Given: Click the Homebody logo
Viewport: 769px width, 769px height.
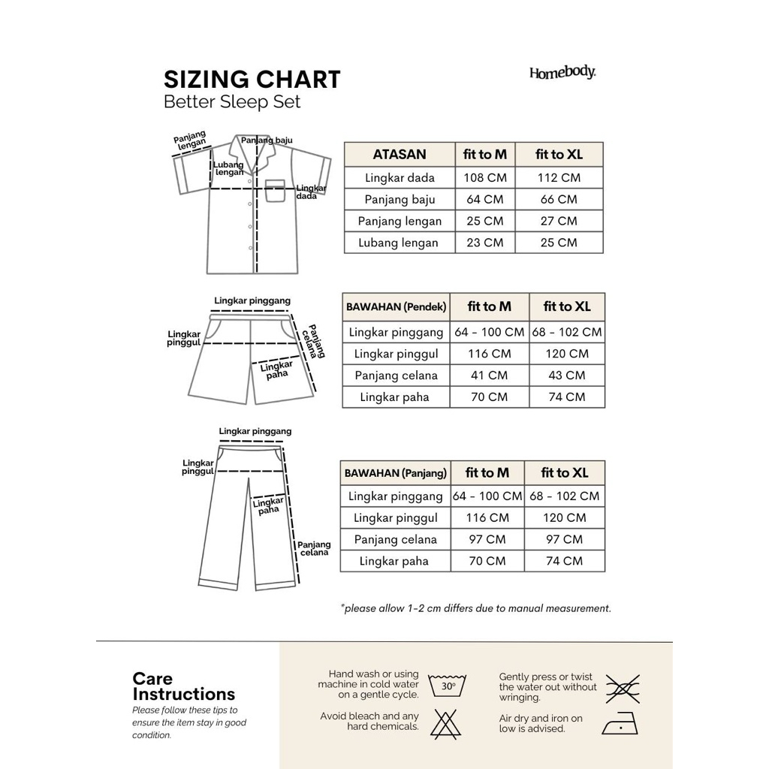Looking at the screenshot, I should (562, 73).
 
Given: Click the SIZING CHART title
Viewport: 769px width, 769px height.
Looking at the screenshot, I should (252, 79).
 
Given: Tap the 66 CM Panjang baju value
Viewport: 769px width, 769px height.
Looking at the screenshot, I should (558, 200).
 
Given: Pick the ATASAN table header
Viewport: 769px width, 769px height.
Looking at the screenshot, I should (399, 155).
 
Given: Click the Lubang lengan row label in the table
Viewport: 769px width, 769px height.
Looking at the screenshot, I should (398, 243).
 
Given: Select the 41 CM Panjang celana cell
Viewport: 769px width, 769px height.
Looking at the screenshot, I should (489, 375).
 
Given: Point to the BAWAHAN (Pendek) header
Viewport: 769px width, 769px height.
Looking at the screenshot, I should (396, 307).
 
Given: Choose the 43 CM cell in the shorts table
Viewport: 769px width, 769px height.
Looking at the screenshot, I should (566, 375).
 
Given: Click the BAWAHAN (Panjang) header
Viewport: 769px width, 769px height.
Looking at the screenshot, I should (395, 473).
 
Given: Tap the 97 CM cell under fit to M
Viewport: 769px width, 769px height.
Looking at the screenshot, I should (487, 539).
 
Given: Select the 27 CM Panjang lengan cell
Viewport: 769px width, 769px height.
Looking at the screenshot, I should (558, 221).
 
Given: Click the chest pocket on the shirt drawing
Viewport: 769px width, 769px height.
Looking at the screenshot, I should (276, 191).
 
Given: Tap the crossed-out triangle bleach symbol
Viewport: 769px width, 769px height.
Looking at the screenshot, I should (447, 723).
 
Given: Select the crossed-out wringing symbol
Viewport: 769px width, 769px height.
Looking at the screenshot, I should (623, 686).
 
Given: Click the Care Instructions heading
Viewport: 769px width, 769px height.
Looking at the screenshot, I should (183, 686).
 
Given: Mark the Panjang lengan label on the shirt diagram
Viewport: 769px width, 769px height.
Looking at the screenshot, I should (190, 141).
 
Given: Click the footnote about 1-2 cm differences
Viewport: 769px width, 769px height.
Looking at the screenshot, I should (475, 608).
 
